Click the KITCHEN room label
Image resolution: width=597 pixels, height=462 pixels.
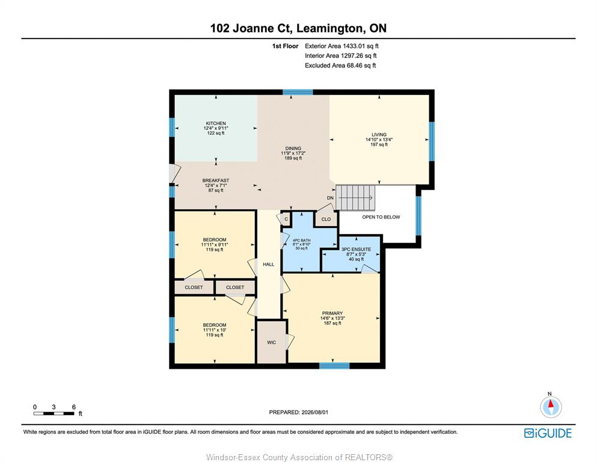[216, 123]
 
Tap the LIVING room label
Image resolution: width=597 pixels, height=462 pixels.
[379, 134]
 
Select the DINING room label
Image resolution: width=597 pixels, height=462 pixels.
[293, 148]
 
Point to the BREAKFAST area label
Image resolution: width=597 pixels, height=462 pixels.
[215, 180]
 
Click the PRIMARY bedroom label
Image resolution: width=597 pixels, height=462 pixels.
[332, 313]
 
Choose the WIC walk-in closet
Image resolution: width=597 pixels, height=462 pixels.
[272, 342]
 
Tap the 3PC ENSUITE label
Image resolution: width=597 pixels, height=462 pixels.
[356, 249]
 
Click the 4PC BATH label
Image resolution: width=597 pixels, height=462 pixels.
[302, 241]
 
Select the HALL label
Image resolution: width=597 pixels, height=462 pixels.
[268, 264]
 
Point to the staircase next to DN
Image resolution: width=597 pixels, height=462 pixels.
[355, 198]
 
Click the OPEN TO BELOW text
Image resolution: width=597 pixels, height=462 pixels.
[381, 217]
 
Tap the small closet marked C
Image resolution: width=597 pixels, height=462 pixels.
[286, 219]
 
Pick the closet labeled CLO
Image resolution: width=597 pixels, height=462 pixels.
[326, 219]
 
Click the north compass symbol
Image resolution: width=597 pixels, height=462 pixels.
[551, 407]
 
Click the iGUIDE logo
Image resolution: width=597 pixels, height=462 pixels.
[548, 433]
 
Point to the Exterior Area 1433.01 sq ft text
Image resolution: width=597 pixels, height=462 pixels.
[341, 46]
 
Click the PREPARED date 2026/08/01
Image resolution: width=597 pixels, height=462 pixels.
[298, 412]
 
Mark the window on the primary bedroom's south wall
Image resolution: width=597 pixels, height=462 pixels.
[334, 366]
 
